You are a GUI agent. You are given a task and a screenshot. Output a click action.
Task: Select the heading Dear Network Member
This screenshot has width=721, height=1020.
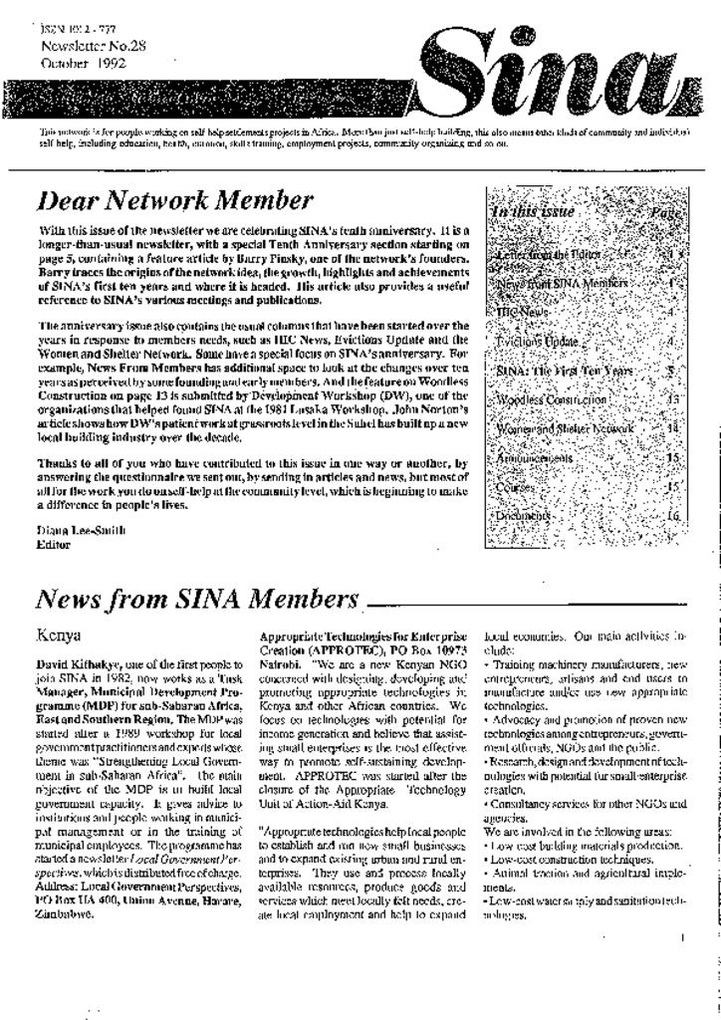tap(174, 201)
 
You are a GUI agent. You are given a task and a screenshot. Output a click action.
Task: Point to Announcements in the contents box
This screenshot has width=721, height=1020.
tap(534, 458)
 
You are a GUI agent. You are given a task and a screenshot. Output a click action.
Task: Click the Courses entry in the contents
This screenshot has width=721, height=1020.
tap(517, 487)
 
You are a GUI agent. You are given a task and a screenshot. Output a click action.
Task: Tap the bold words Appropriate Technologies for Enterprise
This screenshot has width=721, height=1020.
tap(361, 636)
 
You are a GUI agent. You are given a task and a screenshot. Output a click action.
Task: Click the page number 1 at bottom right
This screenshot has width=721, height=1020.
tap(682, 937)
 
